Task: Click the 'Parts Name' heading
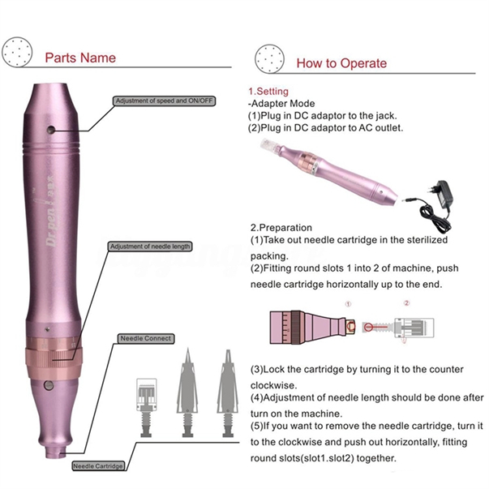tap(79, 58)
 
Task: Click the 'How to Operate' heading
tap(341, 62)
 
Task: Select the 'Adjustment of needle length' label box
tap(149, 247)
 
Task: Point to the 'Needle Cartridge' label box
tap(97, 466)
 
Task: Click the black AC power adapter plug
tap(444, 195)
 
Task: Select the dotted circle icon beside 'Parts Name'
tap(15, 52)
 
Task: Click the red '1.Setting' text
tap(268, 92)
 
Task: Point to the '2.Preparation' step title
tap(281, 228)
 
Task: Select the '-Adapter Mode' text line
tap(280, 104)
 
